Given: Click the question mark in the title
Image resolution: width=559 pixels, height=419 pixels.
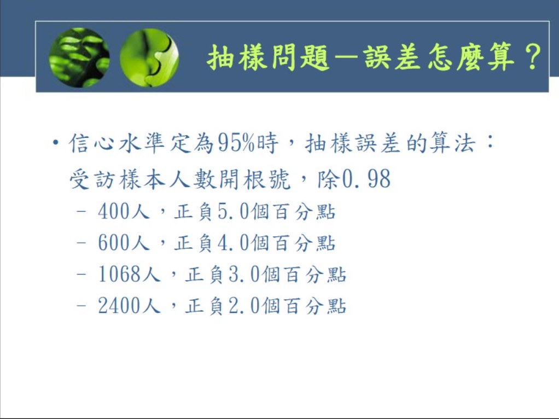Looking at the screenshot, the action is pos(533,57).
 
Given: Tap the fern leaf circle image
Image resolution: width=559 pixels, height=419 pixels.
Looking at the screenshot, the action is pos(79,57).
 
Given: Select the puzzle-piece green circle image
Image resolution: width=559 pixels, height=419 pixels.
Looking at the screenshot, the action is pos(149,57).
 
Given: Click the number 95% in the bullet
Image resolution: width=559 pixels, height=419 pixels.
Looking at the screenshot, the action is pos(236,143).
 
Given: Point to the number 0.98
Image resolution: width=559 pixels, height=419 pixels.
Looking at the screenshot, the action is pos(366,179).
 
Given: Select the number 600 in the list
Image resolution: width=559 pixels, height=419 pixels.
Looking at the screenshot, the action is pos(113,242).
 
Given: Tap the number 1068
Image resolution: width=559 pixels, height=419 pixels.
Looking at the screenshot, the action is pos(119,274).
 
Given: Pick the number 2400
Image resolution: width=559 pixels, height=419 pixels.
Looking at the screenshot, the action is pos(119,305).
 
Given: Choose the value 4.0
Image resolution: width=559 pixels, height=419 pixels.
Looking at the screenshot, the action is pos(233,242).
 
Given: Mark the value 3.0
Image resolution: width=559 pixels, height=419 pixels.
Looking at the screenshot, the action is pos(244,274).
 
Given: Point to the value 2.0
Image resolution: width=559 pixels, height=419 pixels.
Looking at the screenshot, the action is pos(244,305).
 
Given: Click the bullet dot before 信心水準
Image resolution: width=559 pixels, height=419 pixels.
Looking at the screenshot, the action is pos(55,143).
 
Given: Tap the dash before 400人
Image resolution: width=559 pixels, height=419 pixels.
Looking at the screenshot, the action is pos(81,211).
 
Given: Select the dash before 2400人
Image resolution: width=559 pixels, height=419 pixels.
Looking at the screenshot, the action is pos(81,306).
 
